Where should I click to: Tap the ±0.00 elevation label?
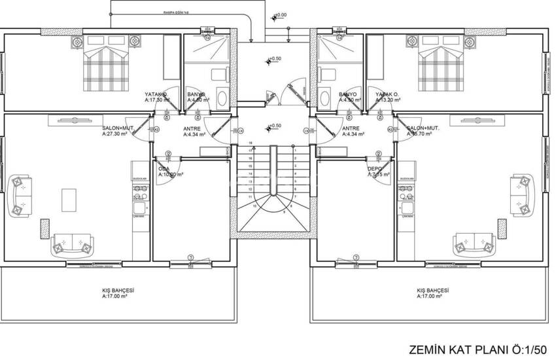click(x=281, y=14)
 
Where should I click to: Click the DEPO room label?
click(x=374, y=168)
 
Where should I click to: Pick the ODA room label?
click(x=164, y=168)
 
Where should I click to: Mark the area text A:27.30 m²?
click(x=116, y=134)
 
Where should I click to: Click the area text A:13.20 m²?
click(x=389, y=101)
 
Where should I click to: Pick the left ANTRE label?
click(x=192, y=129)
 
